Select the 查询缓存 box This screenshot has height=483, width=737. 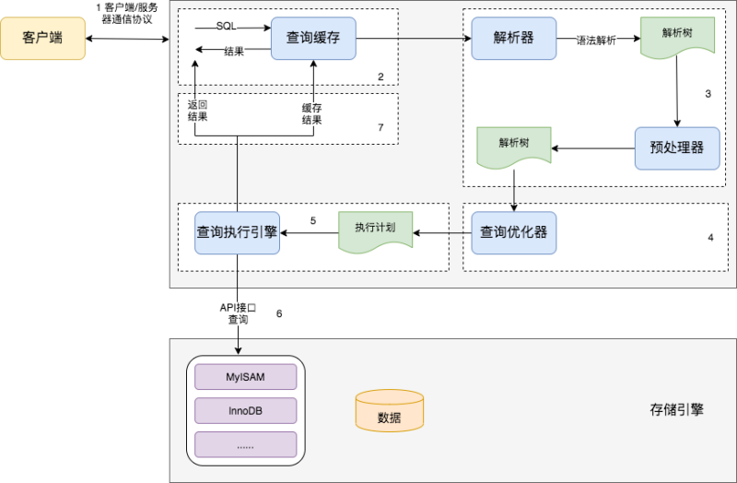pos(313,39)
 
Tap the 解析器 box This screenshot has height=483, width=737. pos(513,39)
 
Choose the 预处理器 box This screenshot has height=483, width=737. pos(677,147)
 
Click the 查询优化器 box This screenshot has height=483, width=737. pos(513,232)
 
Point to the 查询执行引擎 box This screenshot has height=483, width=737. pos(237,232)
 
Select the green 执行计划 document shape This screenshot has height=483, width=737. pos(375,232)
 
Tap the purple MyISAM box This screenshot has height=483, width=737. pos(245,377)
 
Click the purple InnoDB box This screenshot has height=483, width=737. pos(245,410)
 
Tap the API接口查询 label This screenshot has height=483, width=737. pos(238,312)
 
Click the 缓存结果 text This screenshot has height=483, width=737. pos(312,113)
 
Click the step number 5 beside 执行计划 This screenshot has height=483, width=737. pos(313,221)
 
